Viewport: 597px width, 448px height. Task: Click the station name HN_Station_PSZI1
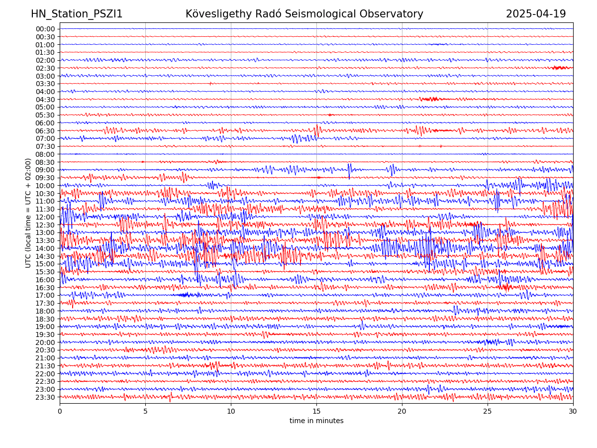tap(77, 14)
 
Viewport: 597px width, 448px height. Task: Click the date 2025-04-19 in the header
tap(536, 14)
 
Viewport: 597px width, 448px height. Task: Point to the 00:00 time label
tap(45, 29)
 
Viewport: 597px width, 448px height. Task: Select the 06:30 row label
tap(45, 131)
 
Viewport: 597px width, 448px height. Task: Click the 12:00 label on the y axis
tap(45, 217)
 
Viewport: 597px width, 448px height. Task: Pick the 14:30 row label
tap(45, 256)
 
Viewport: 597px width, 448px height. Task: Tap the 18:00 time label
tap(45, 311)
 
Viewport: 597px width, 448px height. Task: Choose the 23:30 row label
tap(45, 397)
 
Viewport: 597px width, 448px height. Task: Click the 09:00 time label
tap(45, 170)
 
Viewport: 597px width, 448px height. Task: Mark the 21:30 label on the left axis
tap(45, 366)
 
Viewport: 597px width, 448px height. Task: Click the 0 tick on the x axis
tap(60, 412)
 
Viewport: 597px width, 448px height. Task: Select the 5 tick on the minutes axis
tap(145, 412)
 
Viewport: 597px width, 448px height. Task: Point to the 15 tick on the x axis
tap(316, 412)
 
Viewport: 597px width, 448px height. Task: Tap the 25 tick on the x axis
tap(488, 412)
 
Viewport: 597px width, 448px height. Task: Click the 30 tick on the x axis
tap(573, 412)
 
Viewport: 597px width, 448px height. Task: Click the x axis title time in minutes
tap(316, 421)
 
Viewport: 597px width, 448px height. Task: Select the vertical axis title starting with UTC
tap(28, 213)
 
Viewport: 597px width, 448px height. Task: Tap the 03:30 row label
tap(45, 84)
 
